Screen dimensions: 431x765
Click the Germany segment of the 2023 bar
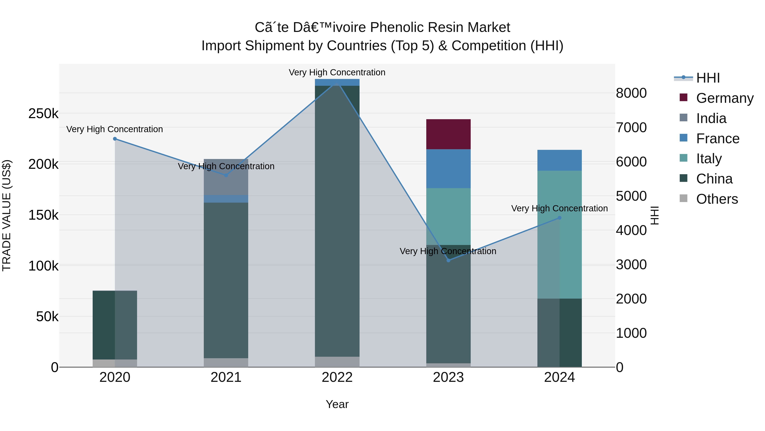pyautogui.click(x=448, y=134)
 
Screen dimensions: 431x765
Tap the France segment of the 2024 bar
pyautogui.click(x=559, y=160)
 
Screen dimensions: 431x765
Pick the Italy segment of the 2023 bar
pyautogui.click(x=448, y=216)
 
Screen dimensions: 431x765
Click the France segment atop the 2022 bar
pyautogui.click(x=337, y=82)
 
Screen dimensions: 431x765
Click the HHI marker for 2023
pyautogui.click(x=448, y=260)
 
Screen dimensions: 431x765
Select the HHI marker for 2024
pyautogui.click(x=560, y=218)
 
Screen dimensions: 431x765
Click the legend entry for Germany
pyautogui.click(x=725, y=98)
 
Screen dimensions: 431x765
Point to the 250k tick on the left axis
pyautogui.click(x=43, y=114)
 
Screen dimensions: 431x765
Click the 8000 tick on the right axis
pyautogui.click(x=631, y=93)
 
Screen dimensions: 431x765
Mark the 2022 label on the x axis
pyautogui.click(x=337, y=377)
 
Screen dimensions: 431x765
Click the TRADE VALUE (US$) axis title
pyautogui.click(x=7, y=215)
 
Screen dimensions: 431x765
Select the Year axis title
pyautogui.click(x=337, y=404)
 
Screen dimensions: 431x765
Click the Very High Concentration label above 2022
pyautogui.click(x=337, y=72)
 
